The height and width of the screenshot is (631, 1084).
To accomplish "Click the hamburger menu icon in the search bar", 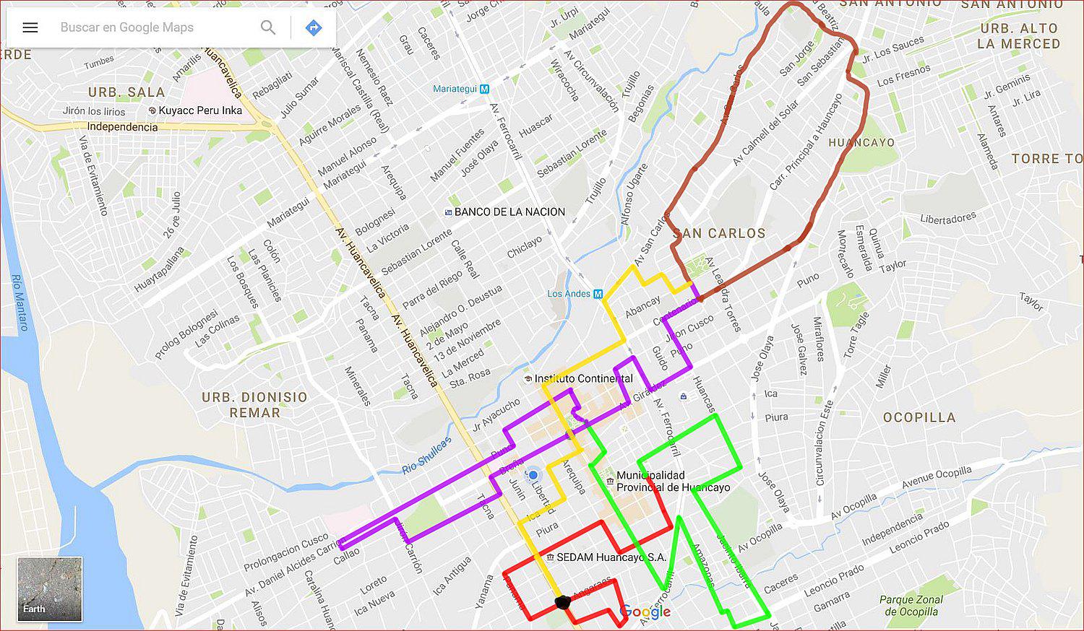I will [x=30, y=27].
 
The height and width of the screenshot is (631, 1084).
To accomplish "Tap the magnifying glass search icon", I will [x=268, y=27].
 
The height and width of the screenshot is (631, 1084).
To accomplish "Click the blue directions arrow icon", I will [x=314, y=27].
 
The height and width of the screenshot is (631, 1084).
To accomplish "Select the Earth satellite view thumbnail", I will [x=50, y=589].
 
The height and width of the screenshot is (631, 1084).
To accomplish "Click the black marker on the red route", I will [x=562, y=602].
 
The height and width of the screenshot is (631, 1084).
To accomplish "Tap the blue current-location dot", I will [x=533, y=476].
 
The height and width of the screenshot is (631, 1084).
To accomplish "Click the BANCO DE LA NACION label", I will [x=509, y=212].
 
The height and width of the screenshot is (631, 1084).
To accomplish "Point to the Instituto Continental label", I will [x=583, y=378].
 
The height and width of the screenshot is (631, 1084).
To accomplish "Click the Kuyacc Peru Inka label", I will [x=200, y=110].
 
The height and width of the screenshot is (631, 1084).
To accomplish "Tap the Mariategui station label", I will [x=455, y=89].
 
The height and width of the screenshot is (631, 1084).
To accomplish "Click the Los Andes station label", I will [x=569, y=294].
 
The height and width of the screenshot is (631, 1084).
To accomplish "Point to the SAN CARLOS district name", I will [x=719, y=233].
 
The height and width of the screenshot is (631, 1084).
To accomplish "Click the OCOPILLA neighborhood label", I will [x=919, y=417].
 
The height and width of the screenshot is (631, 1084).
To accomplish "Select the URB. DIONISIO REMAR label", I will [x=254, y=405].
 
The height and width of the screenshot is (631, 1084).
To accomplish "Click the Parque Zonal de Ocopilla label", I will [x=911, y=606].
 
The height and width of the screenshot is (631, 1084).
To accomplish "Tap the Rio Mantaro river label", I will [x=20, y=303].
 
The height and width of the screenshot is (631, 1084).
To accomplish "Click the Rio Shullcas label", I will [x=426, y=456].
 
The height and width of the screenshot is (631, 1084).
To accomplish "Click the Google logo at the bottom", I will [x=645, y=612].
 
